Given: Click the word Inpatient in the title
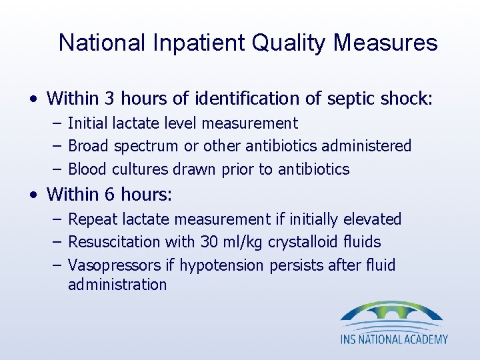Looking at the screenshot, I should pyautogui.click(x=197, y=43).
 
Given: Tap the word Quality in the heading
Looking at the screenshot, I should pyautogui.click(x=292, y=43).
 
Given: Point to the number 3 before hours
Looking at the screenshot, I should pyautogui.click(x=110, y=99).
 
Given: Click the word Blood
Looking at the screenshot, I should pyautogui.click(x=88, y=169).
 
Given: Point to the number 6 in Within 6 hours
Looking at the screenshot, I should pyautogui.click(x=110, y=195).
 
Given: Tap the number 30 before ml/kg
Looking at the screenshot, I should pyautogui.click(x=209, y=242).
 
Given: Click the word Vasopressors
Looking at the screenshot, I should pyautogui.click(x=114, y=265).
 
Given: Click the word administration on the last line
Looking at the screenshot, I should pyautogui.click(x=117, y=285).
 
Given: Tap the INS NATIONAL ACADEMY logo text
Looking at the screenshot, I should pyautogui.click(x=394, y=339).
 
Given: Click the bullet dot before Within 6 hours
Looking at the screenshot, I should pyautogui.click(x=33, y=195).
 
